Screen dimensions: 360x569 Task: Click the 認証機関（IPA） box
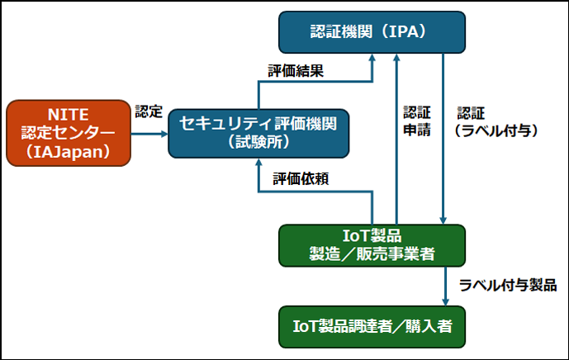click(372, 32)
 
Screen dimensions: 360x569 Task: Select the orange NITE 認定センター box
click(68, 131)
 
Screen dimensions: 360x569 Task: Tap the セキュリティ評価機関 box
click(258, 131)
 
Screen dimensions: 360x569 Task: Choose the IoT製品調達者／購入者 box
click(372, 326)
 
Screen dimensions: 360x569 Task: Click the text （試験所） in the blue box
click(258, 141)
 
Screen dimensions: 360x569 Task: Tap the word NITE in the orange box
click(68, 111)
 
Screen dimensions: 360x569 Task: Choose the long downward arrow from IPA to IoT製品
click(444, 140)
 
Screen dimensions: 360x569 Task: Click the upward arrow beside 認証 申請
click(397, 140)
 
